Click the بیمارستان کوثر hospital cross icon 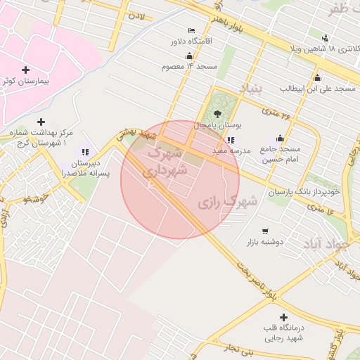coord(26,70)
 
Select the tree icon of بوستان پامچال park coord(217,112)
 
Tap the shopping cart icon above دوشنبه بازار coord(264,231)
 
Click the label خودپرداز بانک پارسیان coord(309,191)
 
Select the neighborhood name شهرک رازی coord(227,202)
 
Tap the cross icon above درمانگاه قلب coord(283,318)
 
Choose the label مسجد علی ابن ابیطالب coord(316,89)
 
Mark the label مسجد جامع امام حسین coord(281,155)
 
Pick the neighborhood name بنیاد coord(250,89)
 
